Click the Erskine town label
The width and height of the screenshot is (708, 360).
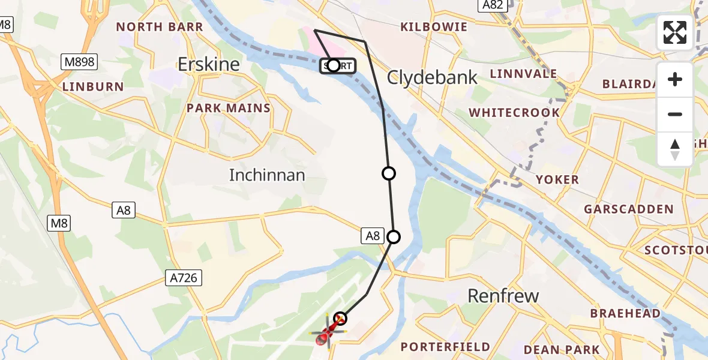(x=209, y=64)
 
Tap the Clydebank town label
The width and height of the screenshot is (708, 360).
(x=432, y=77)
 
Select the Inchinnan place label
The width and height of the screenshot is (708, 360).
(x=267, y=175)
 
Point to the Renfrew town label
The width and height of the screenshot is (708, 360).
(x=503, y=296)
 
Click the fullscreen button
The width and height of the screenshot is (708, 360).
(x=675, y=32)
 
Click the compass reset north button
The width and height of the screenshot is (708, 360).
(x=675, y=149)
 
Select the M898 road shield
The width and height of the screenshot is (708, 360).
(x=79, y=61)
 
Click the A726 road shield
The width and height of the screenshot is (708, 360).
(x=184, y=277)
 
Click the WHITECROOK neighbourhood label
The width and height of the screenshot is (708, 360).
(x=514, y=113)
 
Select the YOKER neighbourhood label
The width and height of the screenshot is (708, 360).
(x=557, y=179)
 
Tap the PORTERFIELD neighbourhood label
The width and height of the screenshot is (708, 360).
(x=445, y=347)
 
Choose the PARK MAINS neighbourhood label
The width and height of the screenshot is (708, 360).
(x=228, y=109)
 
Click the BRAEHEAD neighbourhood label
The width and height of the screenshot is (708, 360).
(x=625, y=313)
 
